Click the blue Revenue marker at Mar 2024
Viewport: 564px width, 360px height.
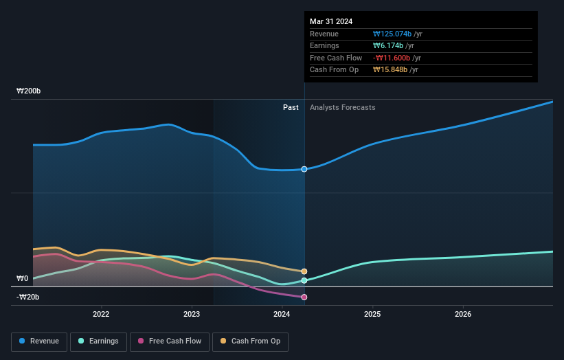coord(304,169)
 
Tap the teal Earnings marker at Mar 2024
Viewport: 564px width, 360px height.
coord(304,280)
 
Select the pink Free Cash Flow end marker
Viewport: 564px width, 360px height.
coord(304,297)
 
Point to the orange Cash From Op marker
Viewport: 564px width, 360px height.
coord(304,271)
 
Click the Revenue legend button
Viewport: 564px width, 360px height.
coord(39,341)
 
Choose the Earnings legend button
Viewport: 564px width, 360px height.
coord(98,341)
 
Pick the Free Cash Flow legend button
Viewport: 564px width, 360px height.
coord(168,341)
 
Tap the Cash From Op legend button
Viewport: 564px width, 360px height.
coord(251,341)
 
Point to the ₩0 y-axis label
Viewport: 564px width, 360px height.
coord(23,278)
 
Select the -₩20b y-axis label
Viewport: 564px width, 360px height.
coord(29,297)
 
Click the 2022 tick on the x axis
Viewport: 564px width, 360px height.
coord(101,315)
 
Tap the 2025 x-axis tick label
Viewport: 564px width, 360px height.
coord(372,315)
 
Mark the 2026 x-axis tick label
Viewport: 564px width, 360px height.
coord(463,315)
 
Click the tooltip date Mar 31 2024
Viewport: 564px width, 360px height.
coord(331,21)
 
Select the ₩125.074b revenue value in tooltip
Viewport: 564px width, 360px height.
coord(392,34)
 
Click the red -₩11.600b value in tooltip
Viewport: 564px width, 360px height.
coord(392,58)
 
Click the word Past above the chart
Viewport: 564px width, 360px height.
coord(291,107)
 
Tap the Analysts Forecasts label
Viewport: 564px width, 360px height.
coord(343,107)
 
